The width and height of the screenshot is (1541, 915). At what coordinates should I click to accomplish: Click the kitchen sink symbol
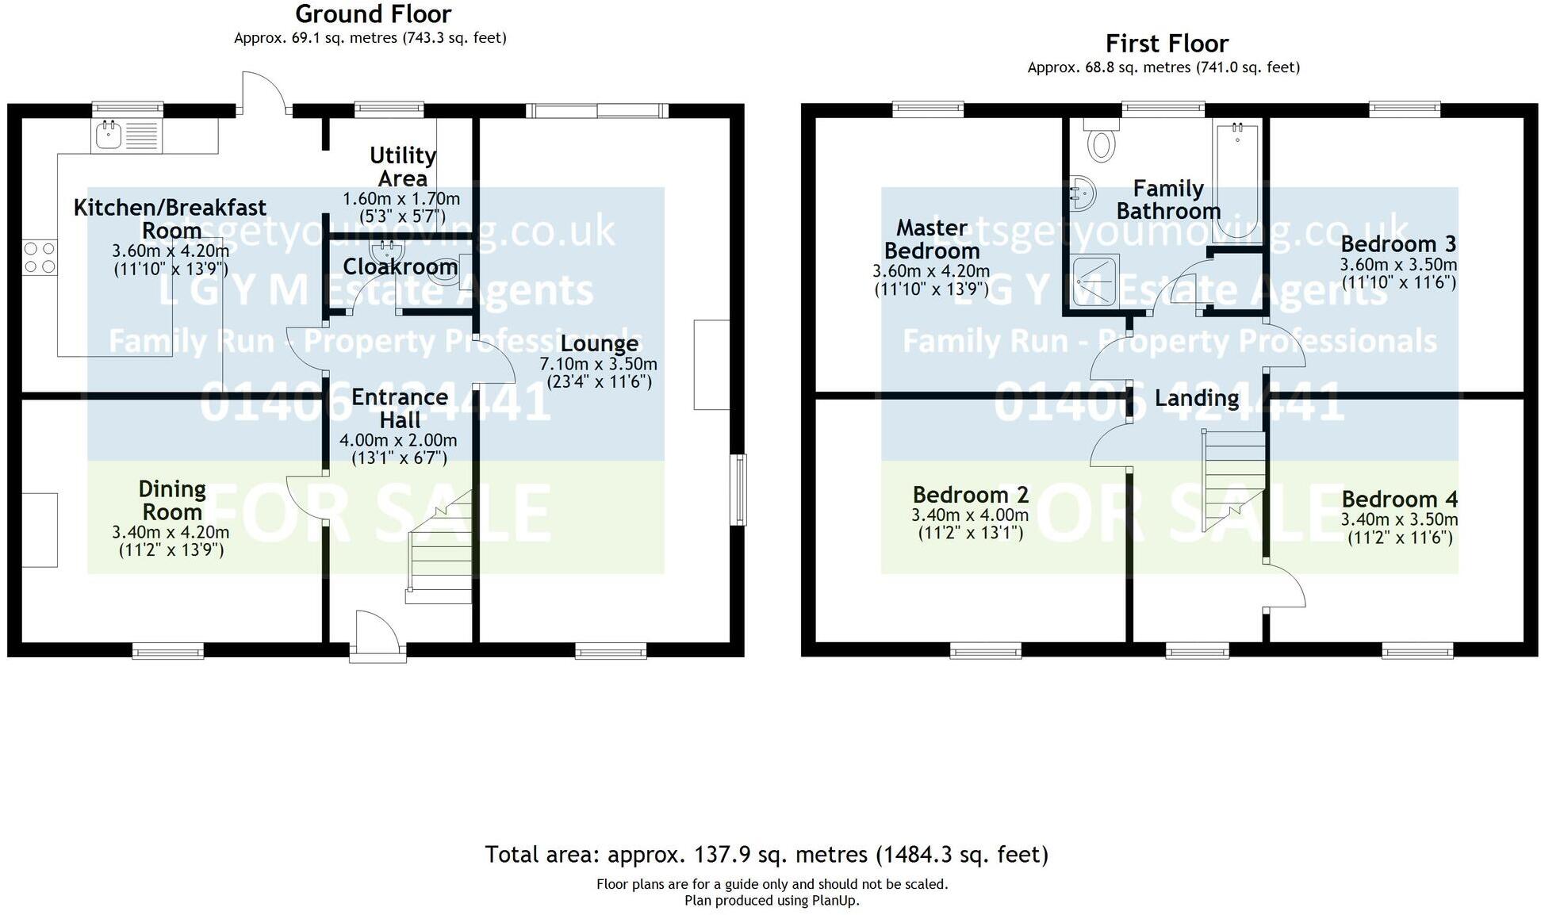click(x=109, y=136)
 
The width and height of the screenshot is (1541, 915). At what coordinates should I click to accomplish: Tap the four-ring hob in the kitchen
click(x=40, y=258)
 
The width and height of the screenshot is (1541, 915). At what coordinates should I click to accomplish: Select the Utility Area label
click(x=403, y=167)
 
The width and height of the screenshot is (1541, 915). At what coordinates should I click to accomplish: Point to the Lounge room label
click(x=599, y=343)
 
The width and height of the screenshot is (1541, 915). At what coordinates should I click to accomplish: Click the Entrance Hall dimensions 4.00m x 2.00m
click(x=398, y=440)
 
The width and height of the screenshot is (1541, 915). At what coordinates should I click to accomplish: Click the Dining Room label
click(x=172, y=500)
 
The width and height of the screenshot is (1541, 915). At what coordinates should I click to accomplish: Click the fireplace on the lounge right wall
click(x=711, y=365)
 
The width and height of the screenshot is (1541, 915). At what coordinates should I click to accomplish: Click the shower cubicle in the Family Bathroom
click(x=1095, y=281)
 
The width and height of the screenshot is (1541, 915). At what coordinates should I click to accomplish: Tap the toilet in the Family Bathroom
click(x=1101, y=143)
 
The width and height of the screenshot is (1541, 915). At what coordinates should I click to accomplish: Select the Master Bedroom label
click(x=932, y=239)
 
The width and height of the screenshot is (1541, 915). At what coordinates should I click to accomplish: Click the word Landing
click(x=1196, y=398)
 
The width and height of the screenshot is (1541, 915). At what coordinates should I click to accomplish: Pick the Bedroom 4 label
click(x=1399, y=499)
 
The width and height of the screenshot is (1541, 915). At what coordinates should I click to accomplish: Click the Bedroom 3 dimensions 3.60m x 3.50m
click(x=1398, y=265)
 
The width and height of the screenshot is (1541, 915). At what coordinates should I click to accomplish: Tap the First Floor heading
click(x=1166, y=44)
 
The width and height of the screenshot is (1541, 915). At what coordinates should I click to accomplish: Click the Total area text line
click(x=766, y=854)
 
